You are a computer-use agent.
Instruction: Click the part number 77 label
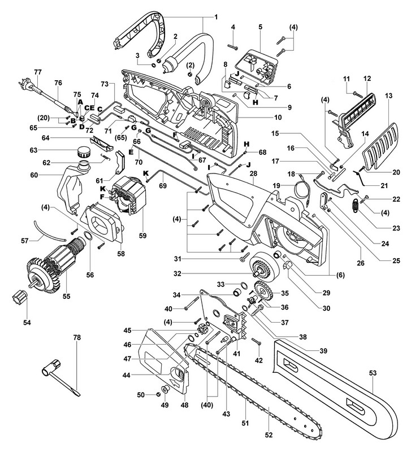click(38, 72)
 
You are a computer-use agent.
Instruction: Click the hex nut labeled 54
click(19, 296)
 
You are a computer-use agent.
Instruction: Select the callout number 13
click(388, 97)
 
